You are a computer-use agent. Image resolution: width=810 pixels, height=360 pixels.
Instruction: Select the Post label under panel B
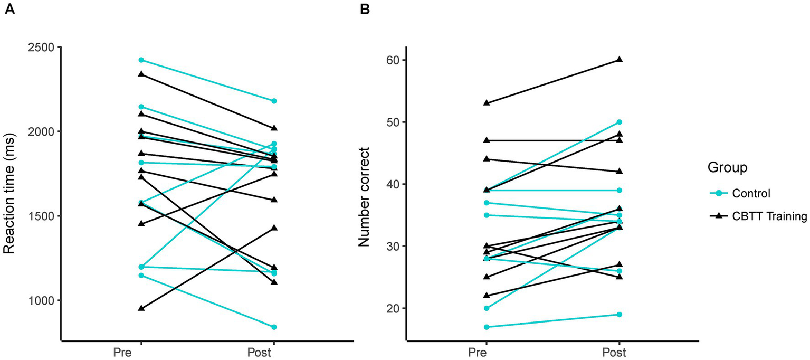[619, 352]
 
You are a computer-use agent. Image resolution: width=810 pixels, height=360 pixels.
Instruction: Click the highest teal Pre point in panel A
[141, 60]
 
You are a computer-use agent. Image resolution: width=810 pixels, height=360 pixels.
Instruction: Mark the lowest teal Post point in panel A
[274, 327]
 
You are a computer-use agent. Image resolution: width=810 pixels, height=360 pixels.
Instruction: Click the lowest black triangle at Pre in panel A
[141, 308]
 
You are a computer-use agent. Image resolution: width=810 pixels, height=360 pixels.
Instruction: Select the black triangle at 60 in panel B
[620, 60]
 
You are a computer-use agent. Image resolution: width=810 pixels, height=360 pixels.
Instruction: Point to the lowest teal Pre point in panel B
[485, 327]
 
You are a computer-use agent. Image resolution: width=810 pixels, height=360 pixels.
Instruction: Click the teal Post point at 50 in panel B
[620, 122]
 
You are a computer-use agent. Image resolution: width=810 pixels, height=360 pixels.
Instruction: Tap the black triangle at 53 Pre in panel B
[485, 103]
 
